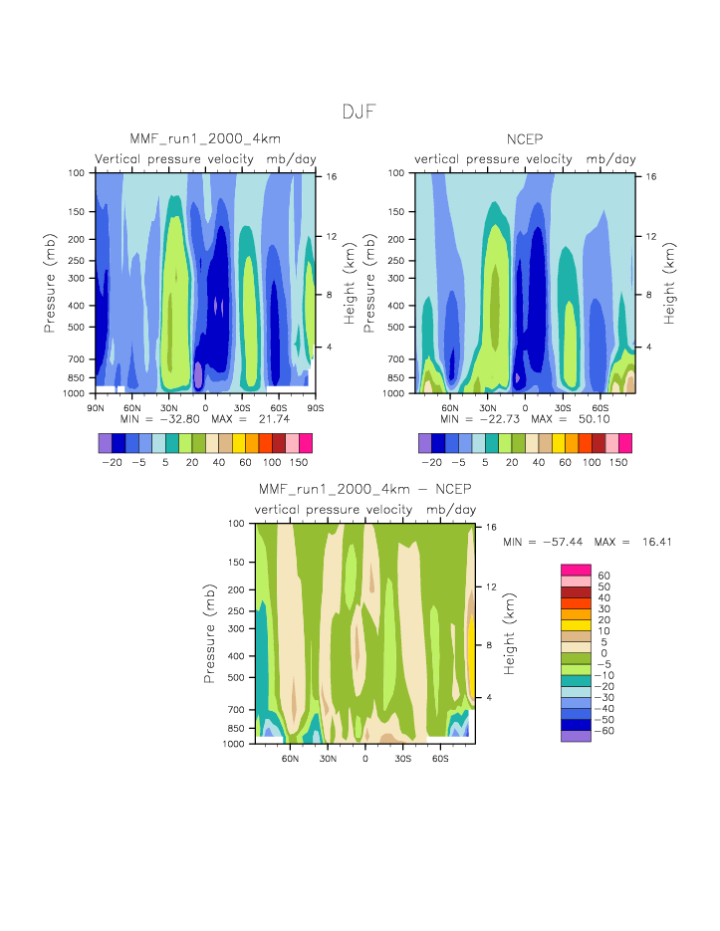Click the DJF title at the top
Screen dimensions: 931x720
pyautogui.click(x=360, y=112)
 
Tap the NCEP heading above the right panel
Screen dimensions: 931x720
pyautogui.click(x=524, y=138)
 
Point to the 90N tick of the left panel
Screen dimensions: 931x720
pyautogui.click(x=97, y=408)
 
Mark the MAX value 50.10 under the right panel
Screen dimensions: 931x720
pyautogui.click(x=588, y=420)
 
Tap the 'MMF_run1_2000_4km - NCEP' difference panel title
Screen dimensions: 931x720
pyautogui.click(x=364, y=489)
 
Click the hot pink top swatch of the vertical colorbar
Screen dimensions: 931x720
pyautogui.click(x=576, y=569)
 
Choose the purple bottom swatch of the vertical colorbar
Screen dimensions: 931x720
pyautogui.click(x=576, y=736)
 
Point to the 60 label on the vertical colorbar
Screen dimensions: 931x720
pyautogui.click(x=602, y=576)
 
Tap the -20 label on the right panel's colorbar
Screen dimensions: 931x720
pyautogui.click(x=431, y=463)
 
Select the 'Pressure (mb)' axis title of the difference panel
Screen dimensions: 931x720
pyautogui.click(x=210, y=633)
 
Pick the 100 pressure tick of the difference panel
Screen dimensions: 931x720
pyautogui.click(x=237, y=523)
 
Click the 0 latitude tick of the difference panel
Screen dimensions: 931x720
pyautogui.click(x=365, y=759)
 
